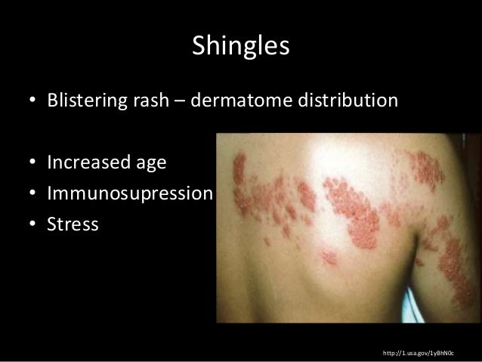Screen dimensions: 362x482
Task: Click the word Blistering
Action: point(83,101)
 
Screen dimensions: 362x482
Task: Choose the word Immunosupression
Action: point(128,194)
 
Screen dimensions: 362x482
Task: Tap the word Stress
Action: point(72,224)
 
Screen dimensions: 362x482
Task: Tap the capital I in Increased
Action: point(49,162)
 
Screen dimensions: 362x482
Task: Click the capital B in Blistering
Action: point(52,101)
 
